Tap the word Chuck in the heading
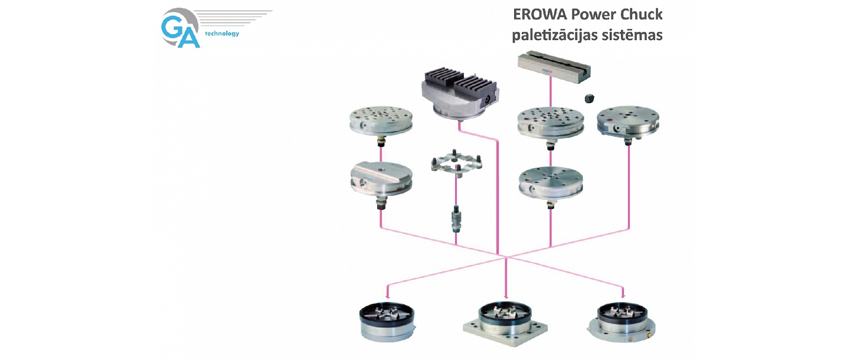640,15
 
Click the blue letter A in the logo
189,37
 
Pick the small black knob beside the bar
589,98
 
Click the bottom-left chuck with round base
387,322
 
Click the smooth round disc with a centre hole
550,182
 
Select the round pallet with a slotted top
381,181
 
